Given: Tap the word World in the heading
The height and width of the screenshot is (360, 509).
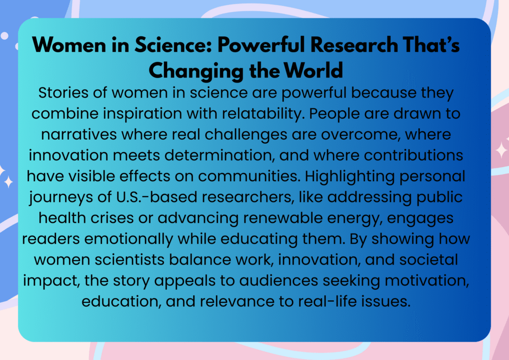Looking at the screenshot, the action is (313, 70).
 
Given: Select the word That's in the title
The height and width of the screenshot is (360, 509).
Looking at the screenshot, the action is (431, 44).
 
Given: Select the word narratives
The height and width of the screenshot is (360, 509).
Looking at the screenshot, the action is (79, 134).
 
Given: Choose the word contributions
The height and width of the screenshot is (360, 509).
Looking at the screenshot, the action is (413, 156).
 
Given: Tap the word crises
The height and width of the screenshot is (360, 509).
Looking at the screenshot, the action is (112, 218).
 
